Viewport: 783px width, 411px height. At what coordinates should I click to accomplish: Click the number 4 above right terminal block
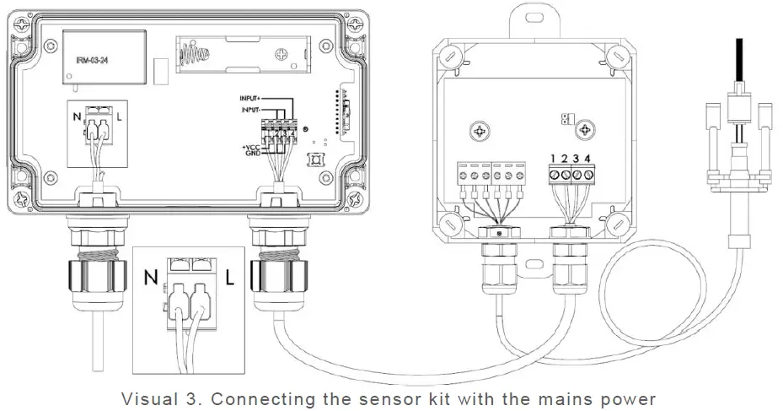tap(587, 159)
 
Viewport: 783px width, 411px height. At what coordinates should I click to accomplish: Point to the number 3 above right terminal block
tap(575, 159)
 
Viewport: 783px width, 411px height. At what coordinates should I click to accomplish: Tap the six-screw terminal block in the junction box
tap(491, 176)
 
